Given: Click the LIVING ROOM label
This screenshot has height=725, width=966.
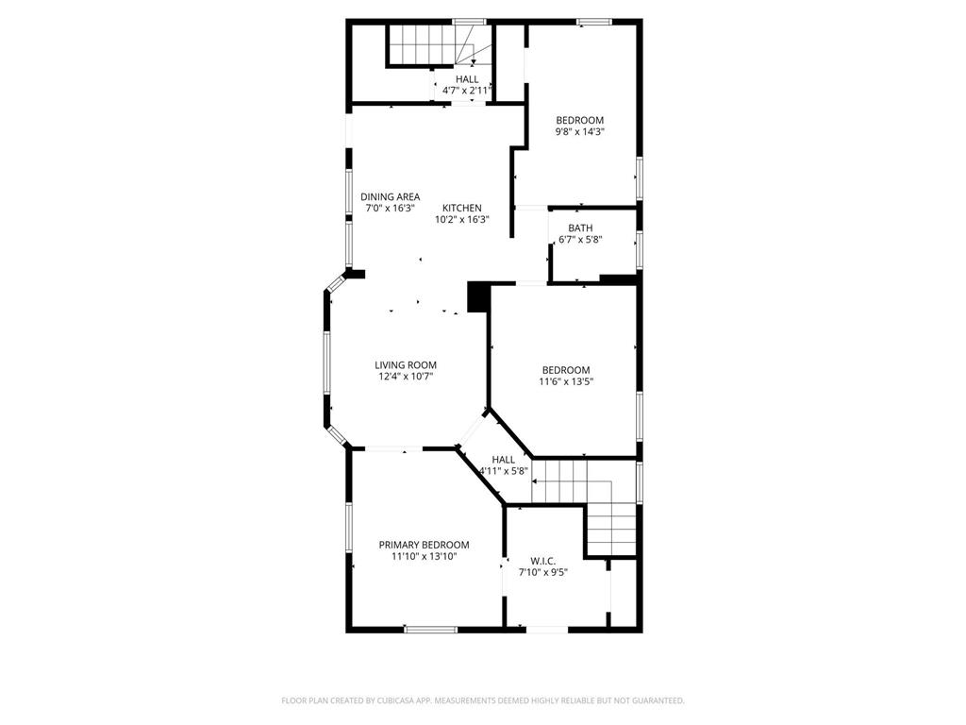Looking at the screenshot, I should coord(406,364).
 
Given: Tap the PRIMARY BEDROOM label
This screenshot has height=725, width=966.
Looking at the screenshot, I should coord(424,545).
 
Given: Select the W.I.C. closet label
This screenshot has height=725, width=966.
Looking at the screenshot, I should coord(542,560).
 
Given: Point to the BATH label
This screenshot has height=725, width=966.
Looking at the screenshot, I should coord(580,228).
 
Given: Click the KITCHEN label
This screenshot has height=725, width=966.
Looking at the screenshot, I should coord(462,208).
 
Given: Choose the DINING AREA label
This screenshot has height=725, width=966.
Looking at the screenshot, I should coord(390,196).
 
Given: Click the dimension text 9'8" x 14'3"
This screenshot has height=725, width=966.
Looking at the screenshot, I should coord(579,132).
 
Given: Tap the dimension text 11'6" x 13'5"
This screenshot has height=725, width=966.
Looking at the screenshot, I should coord(566,381).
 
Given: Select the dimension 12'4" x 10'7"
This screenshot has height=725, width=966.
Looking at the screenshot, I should coord(406,376).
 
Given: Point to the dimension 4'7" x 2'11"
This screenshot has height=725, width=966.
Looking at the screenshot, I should coord(467,91).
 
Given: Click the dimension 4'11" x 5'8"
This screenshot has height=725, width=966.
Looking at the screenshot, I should coord(503,470).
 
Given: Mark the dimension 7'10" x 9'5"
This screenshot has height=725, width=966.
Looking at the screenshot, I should coord(542,571).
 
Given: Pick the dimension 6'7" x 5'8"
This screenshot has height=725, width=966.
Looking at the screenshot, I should coord(580,240).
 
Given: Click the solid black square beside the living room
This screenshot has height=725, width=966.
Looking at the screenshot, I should coord(478,297).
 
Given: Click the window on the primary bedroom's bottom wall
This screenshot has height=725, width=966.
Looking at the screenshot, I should coord(430,629).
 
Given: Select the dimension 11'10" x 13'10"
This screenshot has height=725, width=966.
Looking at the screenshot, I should coord(424,557).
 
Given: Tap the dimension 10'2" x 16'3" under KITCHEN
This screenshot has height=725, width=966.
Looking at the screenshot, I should coord(462,219).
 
